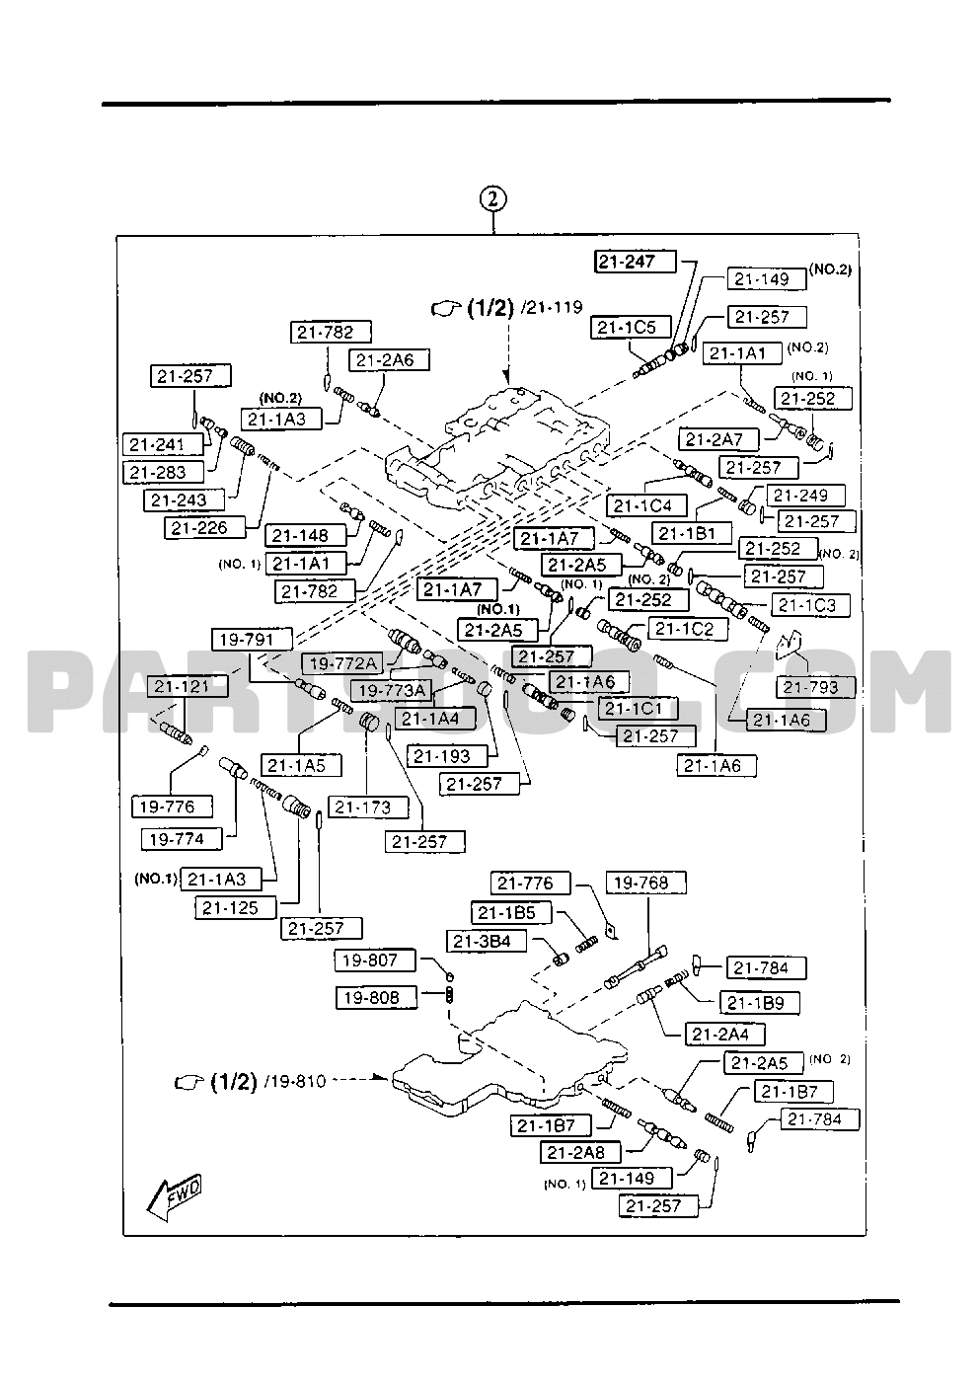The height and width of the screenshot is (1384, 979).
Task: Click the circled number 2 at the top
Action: point(492,198)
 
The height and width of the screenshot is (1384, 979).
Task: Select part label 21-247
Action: point(636,262)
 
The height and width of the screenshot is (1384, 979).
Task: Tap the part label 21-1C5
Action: point(632,327)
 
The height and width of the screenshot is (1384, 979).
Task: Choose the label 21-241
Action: point(156,445)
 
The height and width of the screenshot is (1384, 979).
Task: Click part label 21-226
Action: point(198,527)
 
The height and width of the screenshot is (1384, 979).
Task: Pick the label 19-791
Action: point(247,639)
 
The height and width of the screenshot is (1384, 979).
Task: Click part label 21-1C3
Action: point(806,605)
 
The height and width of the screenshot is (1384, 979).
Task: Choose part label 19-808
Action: point(371,997)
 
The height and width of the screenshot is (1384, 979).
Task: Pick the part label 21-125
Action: point(232,907)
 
